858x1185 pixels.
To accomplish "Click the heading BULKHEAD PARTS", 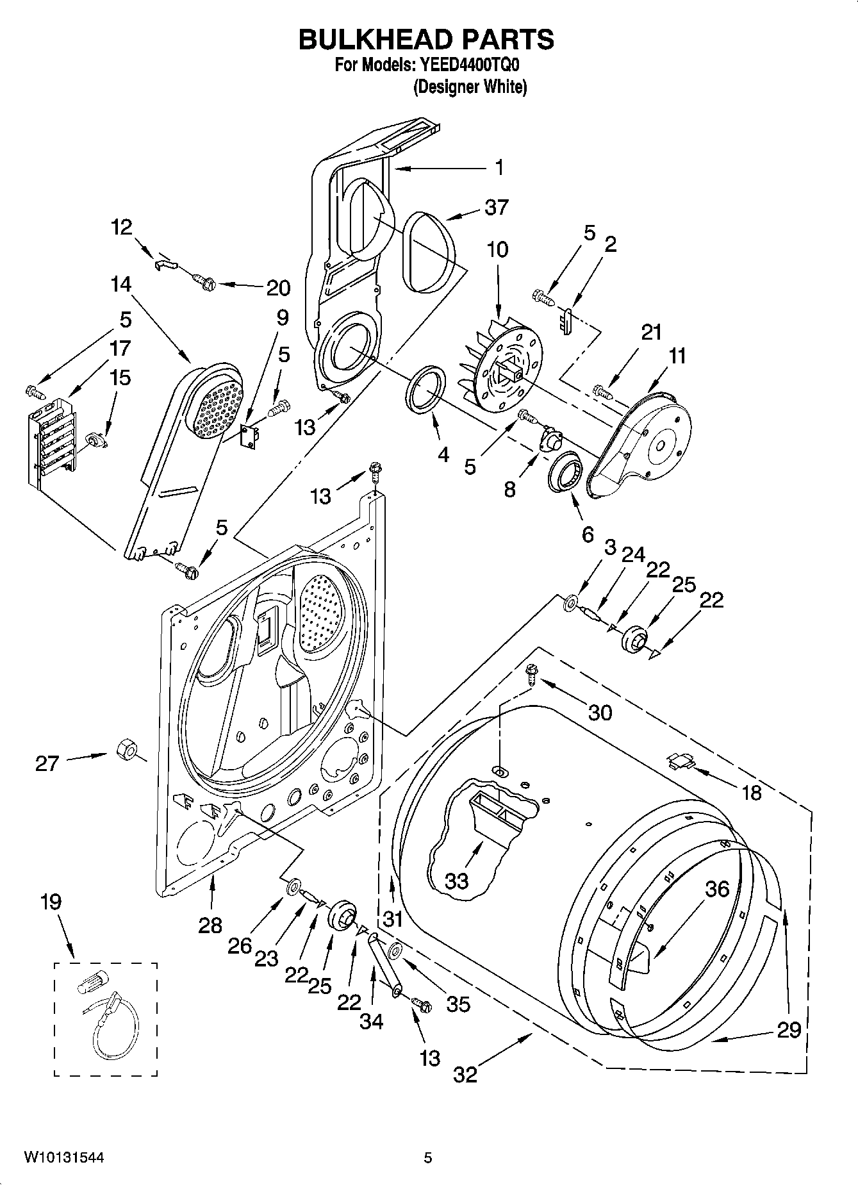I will tap(426, 40).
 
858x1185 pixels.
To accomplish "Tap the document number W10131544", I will tap(64, 1157).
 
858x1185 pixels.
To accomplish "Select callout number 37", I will tap(497, 207).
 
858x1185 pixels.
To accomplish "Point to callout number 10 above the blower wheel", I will tap(497, 249).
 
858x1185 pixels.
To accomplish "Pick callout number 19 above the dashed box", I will tap(51, 902).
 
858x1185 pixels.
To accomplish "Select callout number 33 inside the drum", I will tap(457, 881).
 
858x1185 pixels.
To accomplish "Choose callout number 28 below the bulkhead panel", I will tap(210, 925).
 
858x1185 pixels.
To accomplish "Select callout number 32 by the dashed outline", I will tap(466, 1074).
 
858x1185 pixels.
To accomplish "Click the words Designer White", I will tap(470, 87).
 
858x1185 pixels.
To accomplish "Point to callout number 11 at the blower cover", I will tap(677, 356).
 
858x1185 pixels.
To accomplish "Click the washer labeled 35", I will tap(395, 949).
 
